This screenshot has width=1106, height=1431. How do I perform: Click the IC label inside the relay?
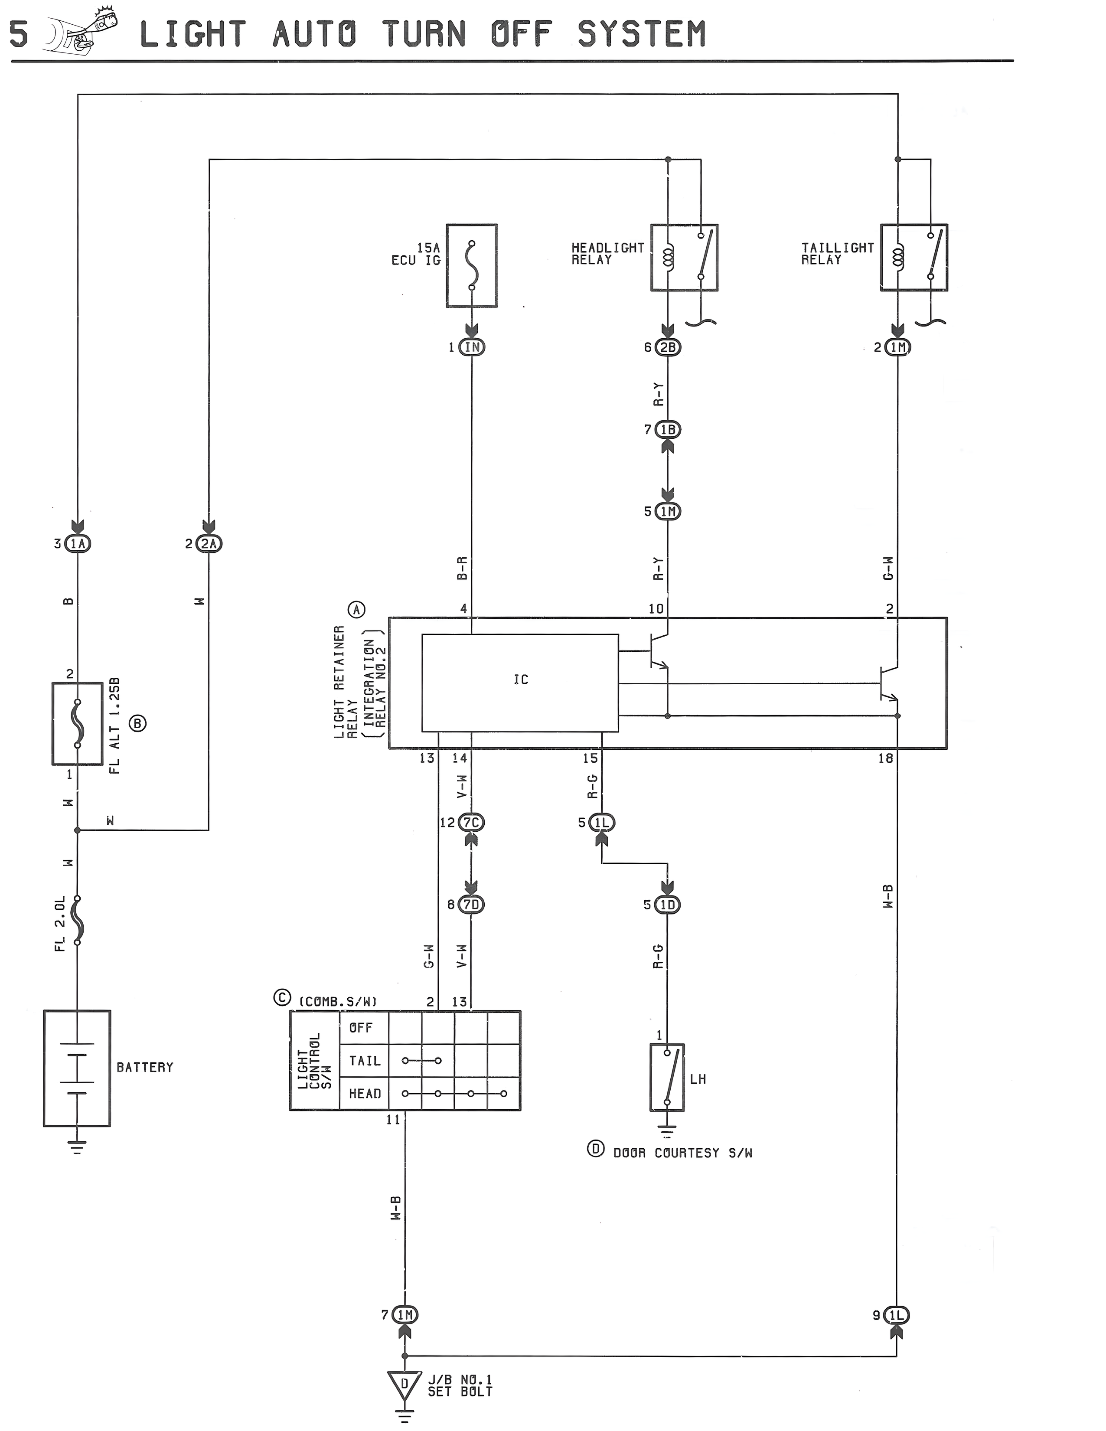(521, 680)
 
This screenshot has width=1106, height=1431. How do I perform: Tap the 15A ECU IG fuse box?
(472, 265)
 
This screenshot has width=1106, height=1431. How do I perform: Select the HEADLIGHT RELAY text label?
(607, 254)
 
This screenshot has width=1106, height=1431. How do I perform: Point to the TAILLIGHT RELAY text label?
(837, 254)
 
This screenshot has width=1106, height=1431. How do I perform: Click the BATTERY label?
(145, 1067)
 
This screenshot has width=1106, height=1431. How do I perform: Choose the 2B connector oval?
(668, 347)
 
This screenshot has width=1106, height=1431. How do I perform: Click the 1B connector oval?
(668, 430)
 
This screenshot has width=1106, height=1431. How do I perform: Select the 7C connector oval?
(472, 822)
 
